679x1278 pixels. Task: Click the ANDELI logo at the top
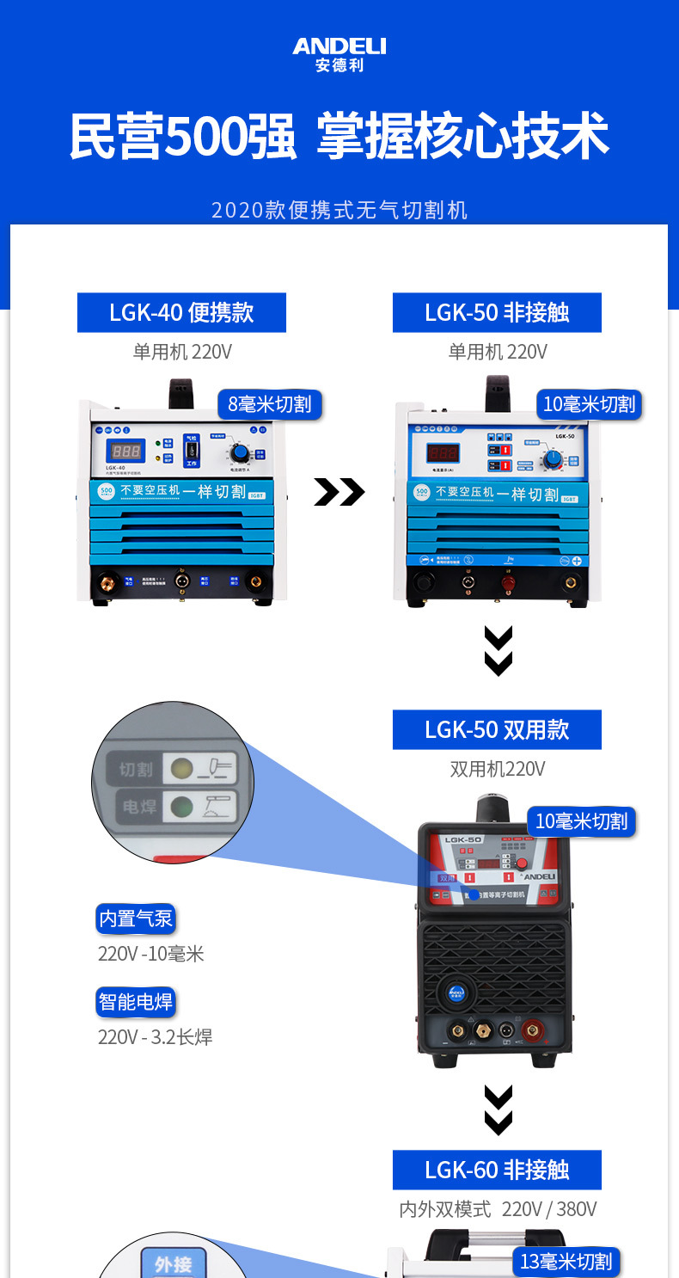click(x=339, y=53)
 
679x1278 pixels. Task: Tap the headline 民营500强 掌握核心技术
click(x=339, y=136)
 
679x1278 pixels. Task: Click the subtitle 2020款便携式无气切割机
click(x=339, y=210)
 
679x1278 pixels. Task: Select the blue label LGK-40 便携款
click(x=181, y=312)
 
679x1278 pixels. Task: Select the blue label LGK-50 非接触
click(x=497, y=312)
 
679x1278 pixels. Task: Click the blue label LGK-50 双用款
click(x=497, y=730)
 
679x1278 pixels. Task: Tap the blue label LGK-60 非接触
click(x=497, y=1170)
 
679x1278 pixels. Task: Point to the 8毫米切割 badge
click(x=269, y=403)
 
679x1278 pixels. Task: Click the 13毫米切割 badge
click(x=566, y=1262)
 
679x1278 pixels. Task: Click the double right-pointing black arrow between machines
click(x=339, y=493)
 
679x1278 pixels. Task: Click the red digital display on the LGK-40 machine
click(x=125, y=452)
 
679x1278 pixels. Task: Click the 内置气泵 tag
click(x=136, y=919)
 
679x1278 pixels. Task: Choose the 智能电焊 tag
click(x=136, y=1002)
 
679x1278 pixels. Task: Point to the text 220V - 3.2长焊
click(x=155, y=1037)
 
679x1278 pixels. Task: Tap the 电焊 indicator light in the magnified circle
click(x=181, y=807)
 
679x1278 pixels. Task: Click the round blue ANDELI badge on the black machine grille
click(x=455, y=992)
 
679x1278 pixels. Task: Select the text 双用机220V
click(x=497, y=769)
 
